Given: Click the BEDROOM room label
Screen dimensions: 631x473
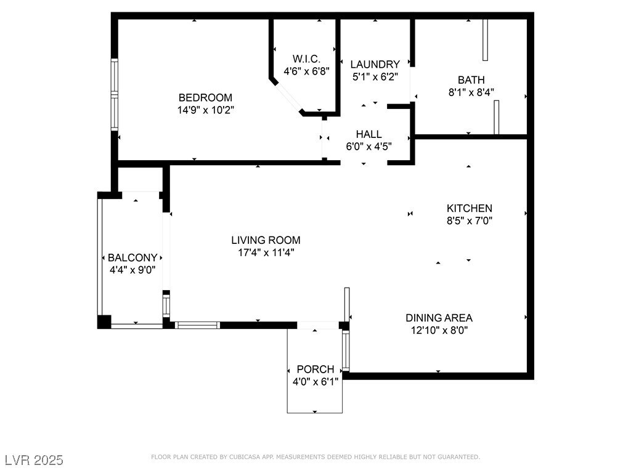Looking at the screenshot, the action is pyautogui.click(x=205, y=97).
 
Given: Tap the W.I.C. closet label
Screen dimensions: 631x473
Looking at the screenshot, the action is pyautogui.click(x=307, y=59).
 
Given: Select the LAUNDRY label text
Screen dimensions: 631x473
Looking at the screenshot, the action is pyautogui.click(x=375, y=64).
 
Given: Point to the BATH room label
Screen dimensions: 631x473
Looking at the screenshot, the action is pyautogui.click(x=471, y=79).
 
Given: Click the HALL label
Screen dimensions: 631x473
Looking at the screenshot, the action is pyautogui.click(x=368, y=134).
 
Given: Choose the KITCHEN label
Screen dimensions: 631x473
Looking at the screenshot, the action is pyautogui.click(x=469, y=208).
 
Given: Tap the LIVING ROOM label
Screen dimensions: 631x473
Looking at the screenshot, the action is pyautogui.click(x=266, y=240).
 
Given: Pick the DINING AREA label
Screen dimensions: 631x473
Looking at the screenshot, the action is pyautogui.click(x=439, y=318).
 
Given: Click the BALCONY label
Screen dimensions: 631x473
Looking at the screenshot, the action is pyautogui.click(x=132, y=257).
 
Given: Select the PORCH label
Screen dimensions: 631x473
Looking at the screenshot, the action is pyautogui.click(x=315, y=370).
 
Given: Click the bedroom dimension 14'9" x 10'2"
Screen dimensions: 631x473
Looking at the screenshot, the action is pyautogui.click(x=206, y=110).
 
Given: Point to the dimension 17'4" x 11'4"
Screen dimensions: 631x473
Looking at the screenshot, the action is pyautogui.click(x=266, y=253).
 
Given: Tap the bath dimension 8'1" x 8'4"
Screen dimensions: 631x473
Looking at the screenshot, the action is pyautogui.click(x=471, y=92).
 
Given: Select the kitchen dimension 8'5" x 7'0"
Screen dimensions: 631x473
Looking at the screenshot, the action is pyautogui.click(x=470, y=220).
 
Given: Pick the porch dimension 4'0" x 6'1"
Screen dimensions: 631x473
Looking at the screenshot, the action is pyautogui.click(x=315, y=381).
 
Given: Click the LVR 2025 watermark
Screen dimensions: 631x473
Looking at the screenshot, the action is pyautogui.click(x=35, y=460).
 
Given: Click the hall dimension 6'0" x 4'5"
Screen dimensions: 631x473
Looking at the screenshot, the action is pyautogui.click(x=369, y=147).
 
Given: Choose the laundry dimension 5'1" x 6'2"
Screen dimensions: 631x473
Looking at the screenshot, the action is pyautogui.click(x=375, y=76).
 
